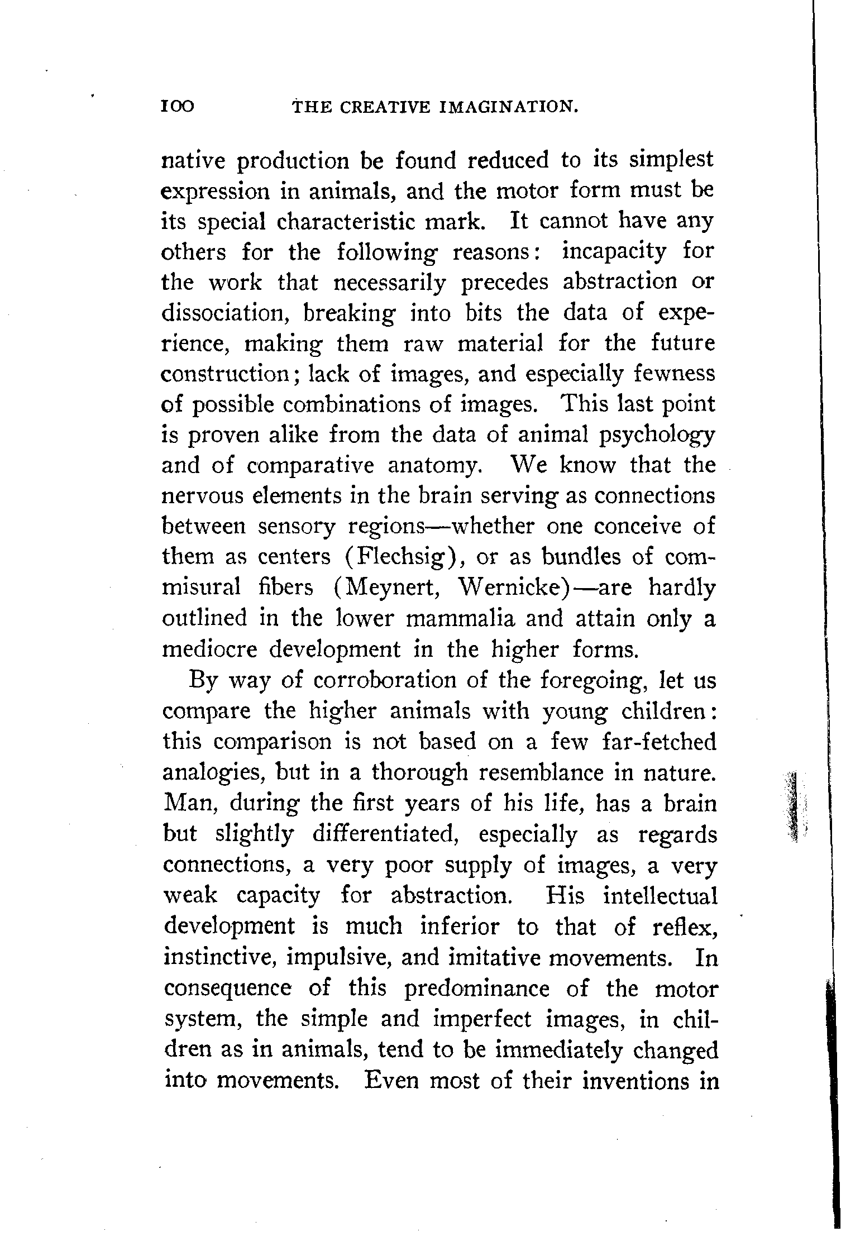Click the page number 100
(177, 106)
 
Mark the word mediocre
(209, 650)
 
